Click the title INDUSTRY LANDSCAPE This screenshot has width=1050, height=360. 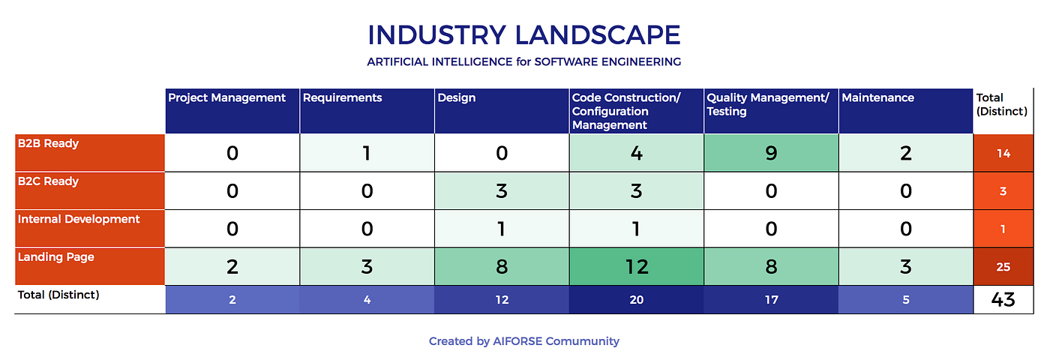tap(524, 35)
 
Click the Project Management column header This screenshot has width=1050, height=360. tap(232, 111)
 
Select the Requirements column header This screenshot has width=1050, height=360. tap(367, 111)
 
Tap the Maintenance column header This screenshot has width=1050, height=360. tap(906, 111)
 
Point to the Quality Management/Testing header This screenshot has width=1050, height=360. tap(771, 111)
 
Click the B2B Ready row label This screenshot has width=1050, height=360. tap(90, 153)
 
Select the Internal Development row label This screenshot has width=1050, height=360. tap(90, 228)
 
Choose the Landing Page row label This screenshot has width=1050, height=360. tap(90, 266)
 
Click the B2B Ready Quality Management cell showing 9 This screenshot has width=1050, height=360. tap(771, 153)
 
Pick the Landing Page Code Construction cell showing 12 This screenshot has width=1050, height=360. tap(637, 266)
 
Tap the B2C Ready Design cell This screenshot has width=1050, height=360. tap(502, 190)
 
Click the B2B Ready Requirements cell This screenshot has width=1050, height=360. tap(367, 153)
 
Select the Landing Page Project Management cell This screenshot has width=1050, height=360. tap(232, 266)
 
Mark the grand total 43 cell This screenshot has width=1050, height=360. tap(1003, 299)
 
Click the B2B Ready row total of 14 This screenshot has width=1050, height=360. tap(1003, 153)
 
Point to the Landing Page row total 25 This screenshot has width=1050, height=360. tap(1003, 266)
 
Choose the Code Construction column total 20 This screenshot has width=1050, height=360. tap(637, 299)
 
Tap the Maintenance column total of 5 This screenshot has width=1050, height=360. tap(906, 299)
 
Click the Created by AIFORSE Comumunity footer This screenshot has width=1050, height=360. tap(524, 341)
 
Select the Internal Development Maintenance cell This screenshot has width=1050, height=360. tap(906, 228)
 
